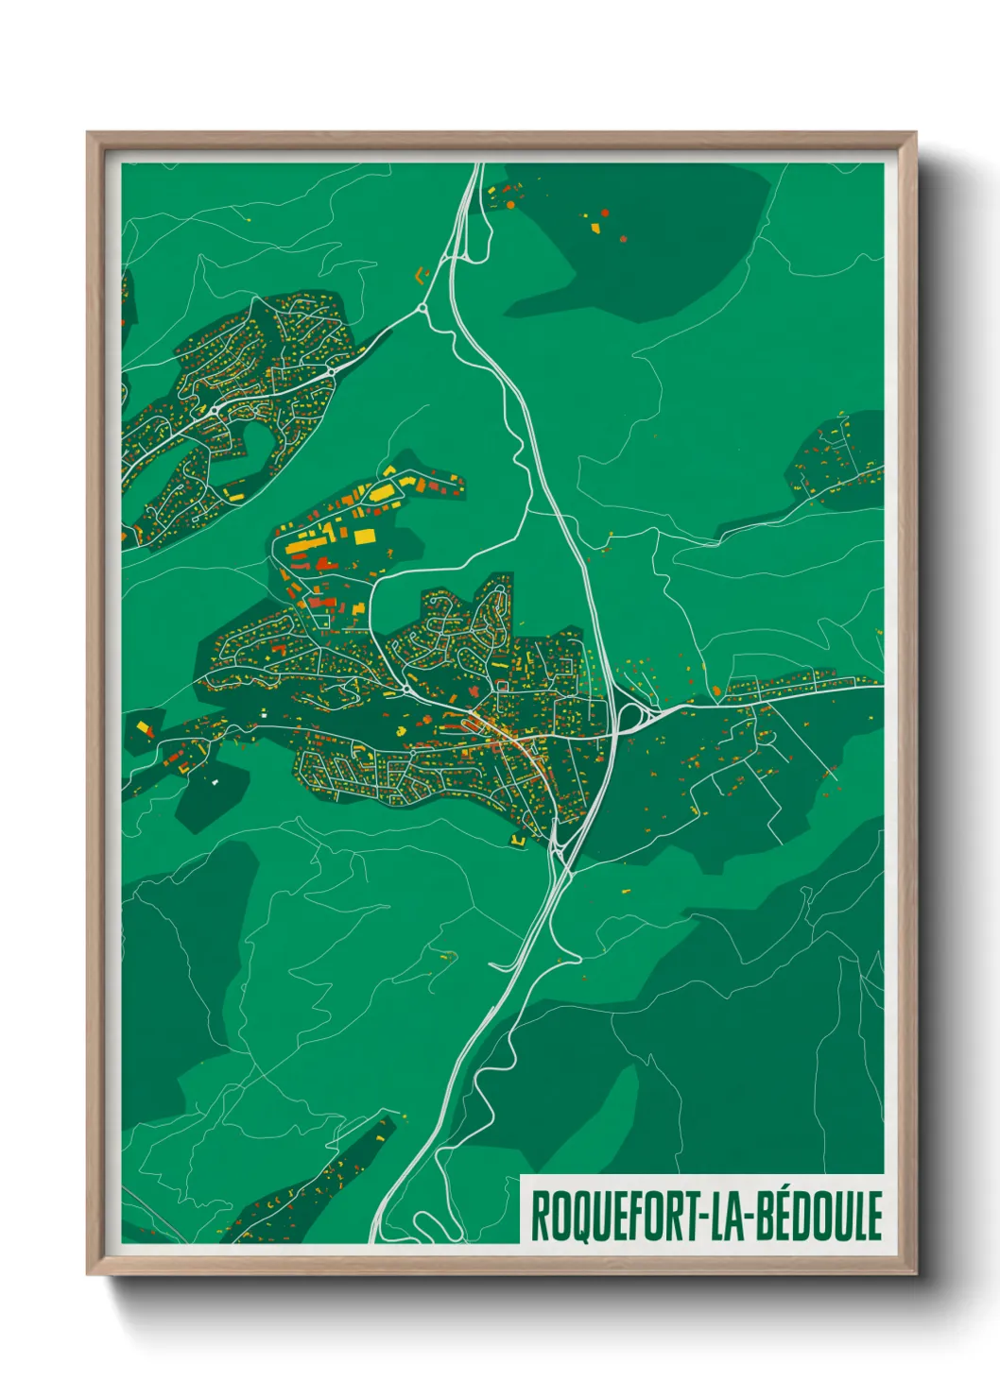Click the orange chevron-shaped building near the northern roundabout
(x=422, y=275)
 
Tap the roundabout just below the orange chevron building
(x=422, y=308)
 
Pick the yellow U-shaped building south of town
(x=518, y=839)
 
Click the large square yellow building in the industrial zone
(x=365, y=537)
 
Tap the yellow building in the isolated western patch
(x=145, y=727)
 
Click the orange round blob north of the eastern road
(x=716, y=690)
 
